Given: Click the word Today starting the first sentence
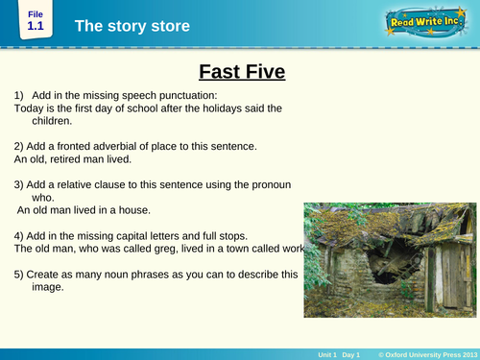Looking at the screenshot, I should [x=31, y=108].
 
